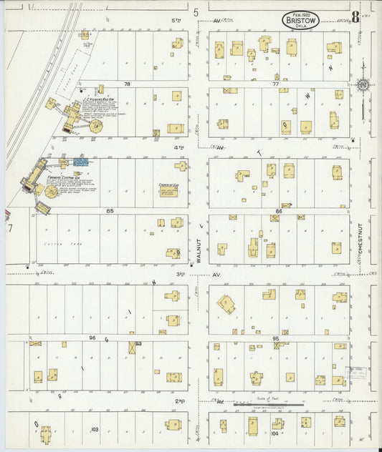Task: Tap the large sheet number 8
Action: click(355, 16)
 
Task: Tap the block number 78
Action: click(128, 84)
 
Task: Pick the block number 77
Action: click(275, 84)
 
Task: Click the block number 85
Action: click(110, 211)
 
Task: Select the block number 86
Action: click(278, 211)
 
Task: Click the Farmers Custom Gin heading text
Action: click(62, 177)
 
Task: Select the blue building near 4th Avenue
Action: click(80, 162)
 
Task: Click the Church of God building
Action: click(168, 192)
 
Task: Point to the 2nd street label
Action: click(181, 401)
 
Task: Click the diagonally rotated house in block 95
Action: click(226, 304)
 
